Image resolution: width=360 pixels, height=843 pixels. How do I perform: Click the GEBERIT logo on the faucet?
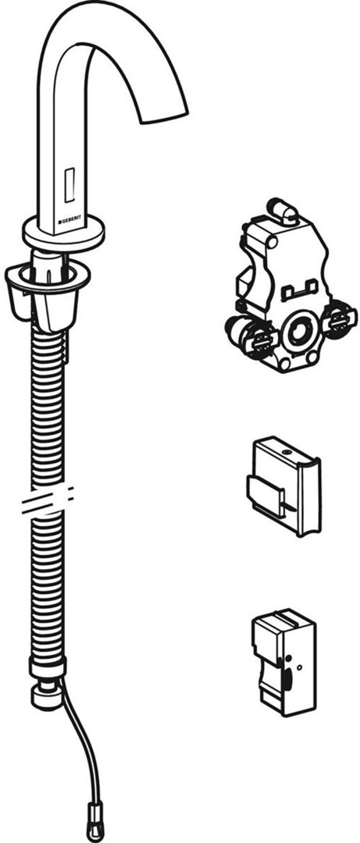[x=73, y=220]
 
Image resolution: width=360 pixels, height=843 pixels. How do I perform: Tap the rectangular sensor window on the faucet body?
[x=70, y=184]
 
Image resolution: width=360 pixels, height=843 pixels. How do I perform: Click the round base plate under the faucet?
[x=63, y=233]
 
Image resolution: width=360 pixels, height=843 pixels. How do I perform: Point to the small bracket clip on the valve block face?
[x=301, y=290]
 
